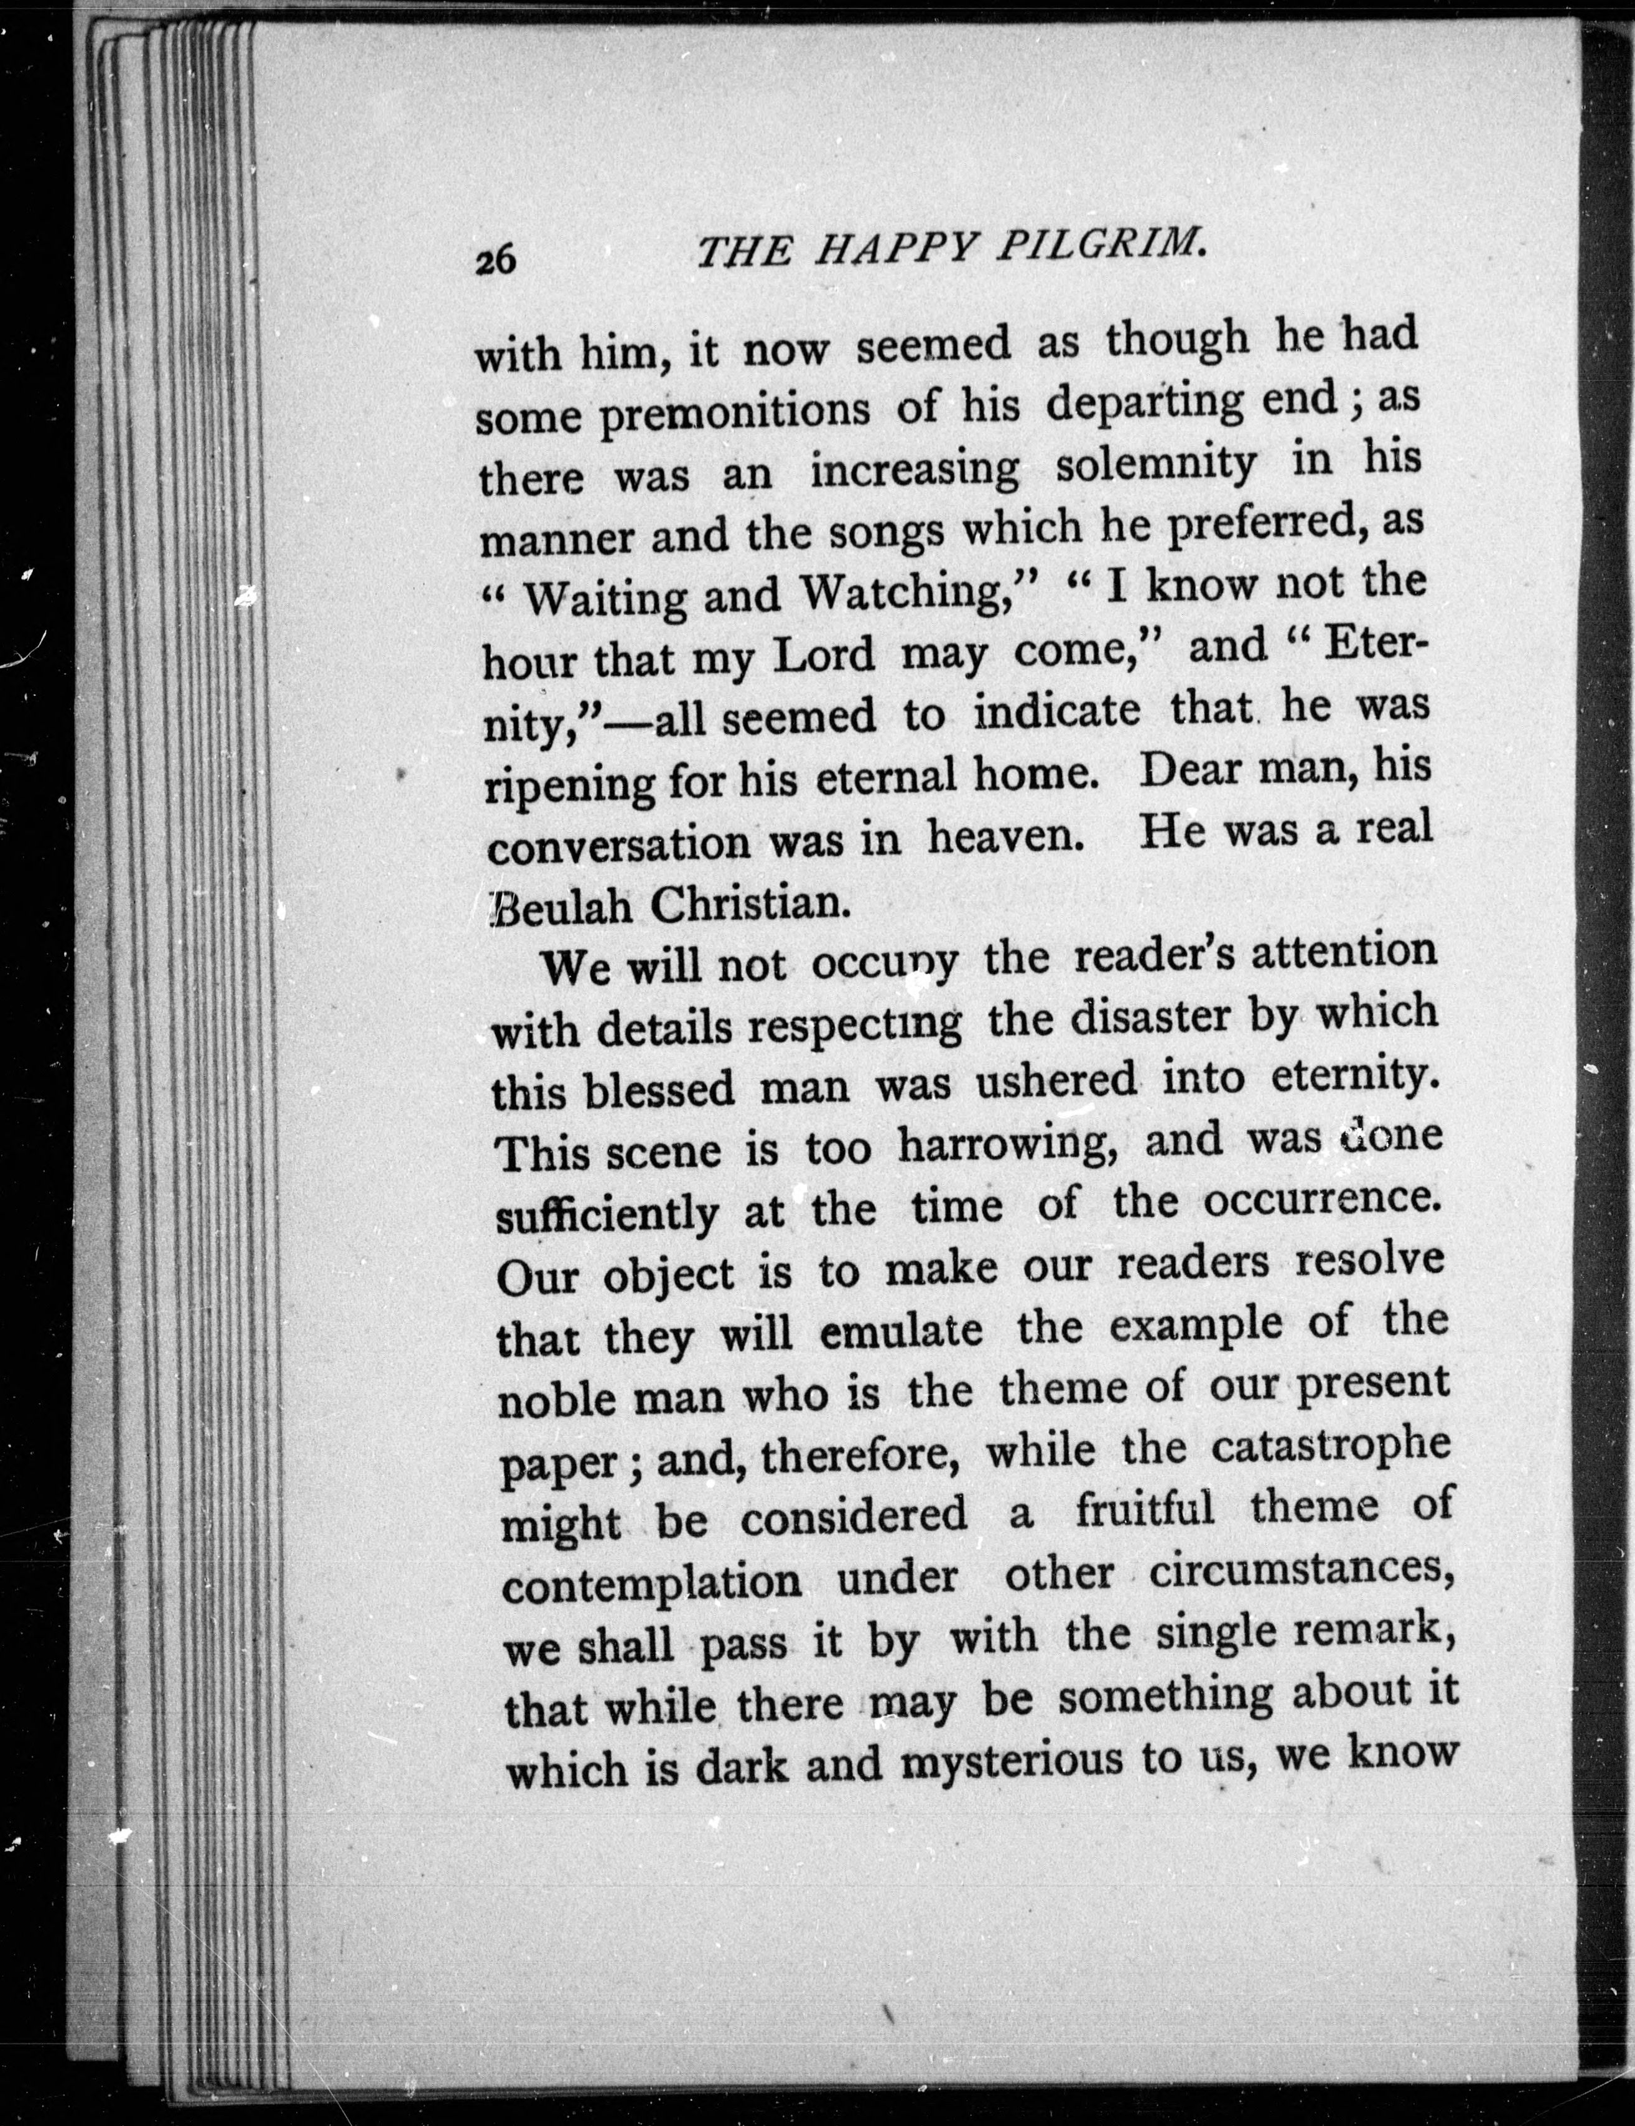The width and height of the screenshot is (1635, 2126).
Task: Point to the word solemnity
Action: coord(1155,466)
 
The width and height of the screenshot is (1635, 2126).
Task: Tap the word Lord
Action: coord(823,656)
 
